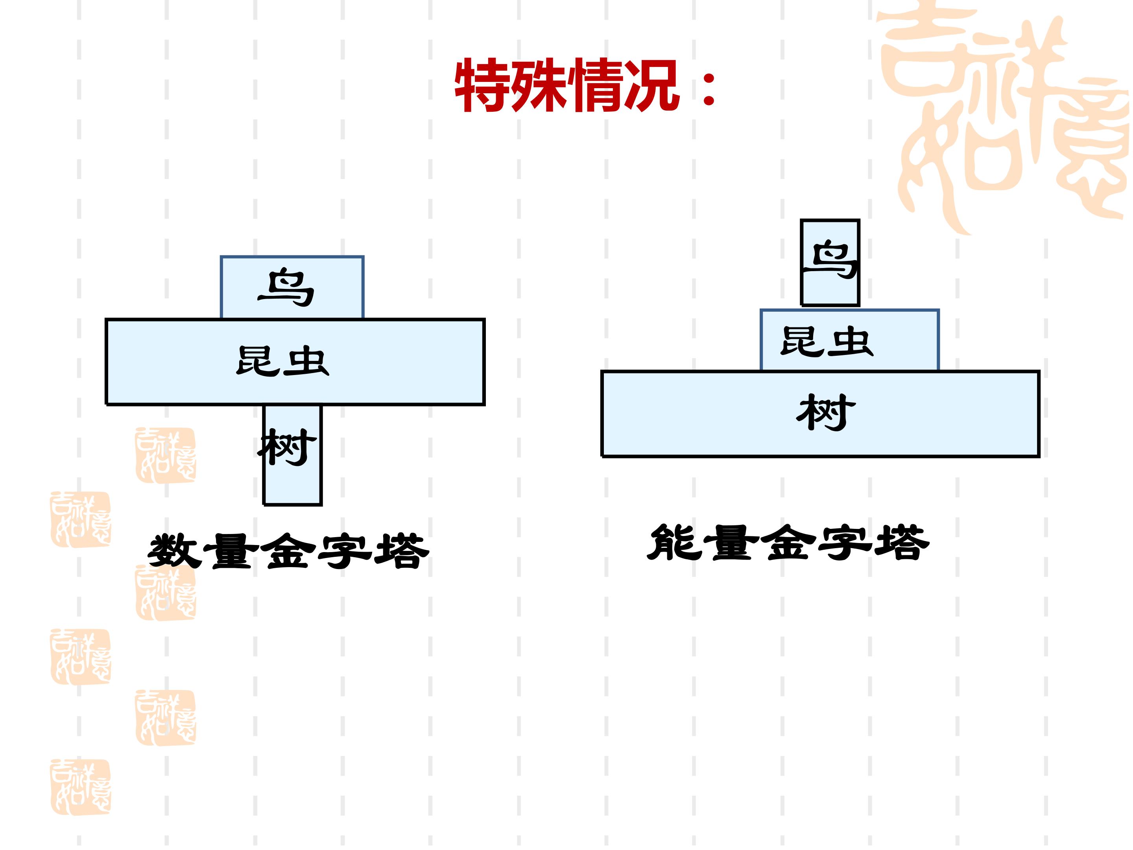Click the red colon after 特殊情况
pyautogui.click(x=709, y=88)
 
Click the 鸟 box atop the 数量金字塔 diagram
pyautogui.click(x=292, y=287)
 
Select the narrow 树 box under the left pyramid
pyautogui.click(x=292, y=455)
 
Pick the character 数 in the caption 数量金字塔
pyautogui.click(x=175, y=551)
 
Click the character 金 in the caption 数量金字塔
pyautogui.click(x=288, y=551)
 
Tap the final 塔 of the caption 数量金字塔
pyautogui.click(x=402, y=551)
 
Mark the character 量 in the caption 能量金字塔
pyautogui.click(x=731, y=541)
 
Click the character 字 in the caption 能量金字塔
pyautogui.click(x=845, y=541)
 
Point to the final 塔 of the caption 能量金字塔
pyautogui.click(x=902, y=541)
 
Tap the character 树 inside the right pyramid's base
pyautogui.click(x=826, y=412)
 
